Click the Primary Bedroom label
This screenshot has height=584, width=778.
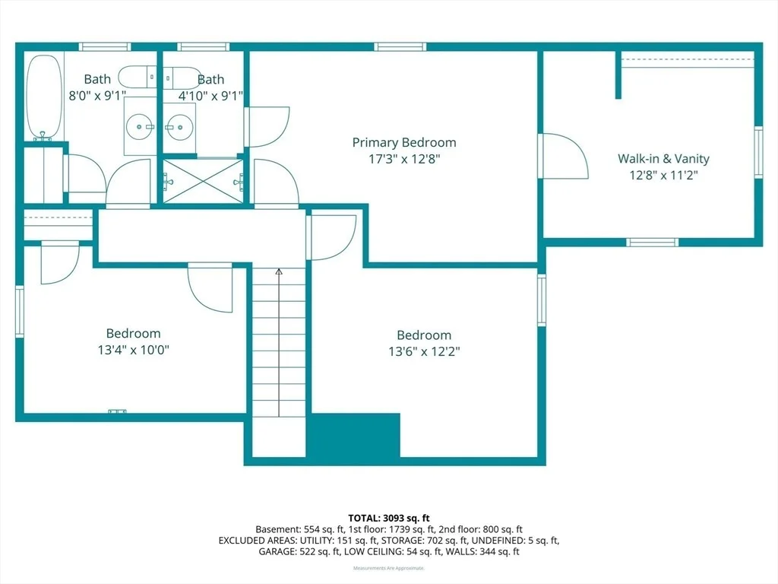click(x=404, y=142)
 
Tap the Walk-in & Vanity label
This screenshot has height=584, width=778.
click(x=663, y=158)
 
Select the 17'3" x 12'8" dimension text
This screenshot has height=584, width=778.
click(x=404, y=159)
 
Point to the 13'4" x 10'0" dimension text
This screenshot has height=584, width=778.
click(x=134, y=350)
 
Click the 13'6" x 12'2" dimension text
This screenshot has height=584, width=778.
click(x=424, y=351)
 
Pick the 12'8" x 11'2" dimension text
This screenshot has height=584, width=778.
click(x=663, y=175)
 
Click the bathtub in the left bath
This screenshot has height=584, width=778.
click(x=44, y=98)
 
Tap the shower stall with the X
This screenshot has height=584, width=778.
click(x=204, y=181)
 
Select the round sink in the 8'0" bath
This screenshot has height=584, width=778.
click(x=140, y=127)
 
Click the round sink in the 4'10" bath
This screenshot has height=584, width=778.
click(x=179, y=127)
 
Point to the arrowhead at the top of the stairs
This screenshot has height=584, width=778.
click(x=279, y=271)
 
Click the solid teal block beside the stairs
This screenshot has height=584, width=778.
click(x=355, y=435)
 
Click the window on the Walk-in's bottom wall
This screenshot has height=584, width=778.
click(x=652, y=243)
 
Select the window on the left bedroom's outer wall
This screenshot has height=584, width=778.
click(x=19, y=311)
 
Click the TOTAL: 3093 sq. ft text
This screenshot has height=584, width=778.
click(x=388, y=519)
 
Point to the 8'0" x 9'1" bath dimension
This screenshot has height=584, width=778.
click(x=97, y=95)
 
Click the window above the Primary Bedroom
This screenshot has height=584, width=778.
click(x=400, y=46)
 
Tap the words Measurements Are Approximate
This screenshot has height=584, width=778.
click(x=389, y=568)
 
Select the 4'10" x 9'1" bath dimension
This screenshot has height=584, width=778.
click(x=210, y=95)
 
